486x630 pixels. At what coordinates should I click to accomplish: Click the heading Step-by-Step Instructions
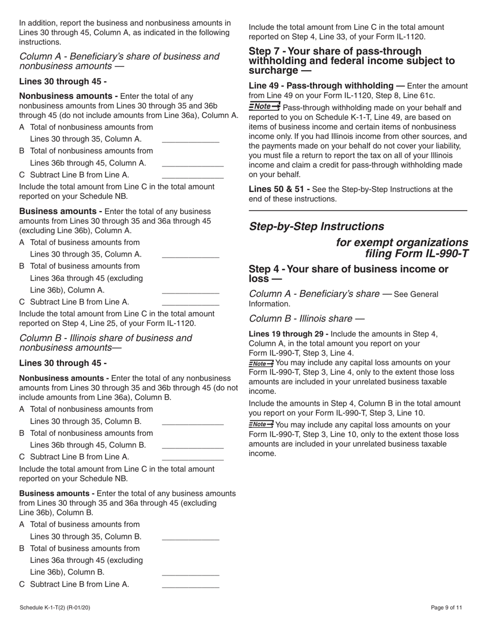tap(316, 226)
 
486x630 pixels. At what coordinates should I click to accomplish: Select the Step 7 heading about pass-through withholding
tap(351, 60)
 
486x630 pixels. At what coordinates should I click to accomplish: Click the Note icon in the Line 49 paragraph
tap(264, 107)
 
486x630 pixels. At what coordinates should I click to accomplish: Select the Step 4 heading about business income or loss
tap(348, 274)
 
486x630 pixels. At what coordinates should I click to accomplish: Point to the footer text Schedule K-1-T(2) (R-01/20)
tap(55, 607)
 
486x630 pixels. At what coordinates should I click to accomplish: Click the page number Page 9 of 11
tap(447, 607)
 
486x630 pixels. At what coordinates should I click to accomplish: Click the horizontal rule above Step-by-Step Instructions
tap(358, 211)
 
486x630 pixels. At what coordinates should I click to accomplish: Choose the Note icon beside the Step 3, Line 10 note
tap(261, 424)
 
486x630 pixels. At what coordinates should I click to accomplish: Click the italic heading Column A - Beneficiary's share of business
tap(119, 61)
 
